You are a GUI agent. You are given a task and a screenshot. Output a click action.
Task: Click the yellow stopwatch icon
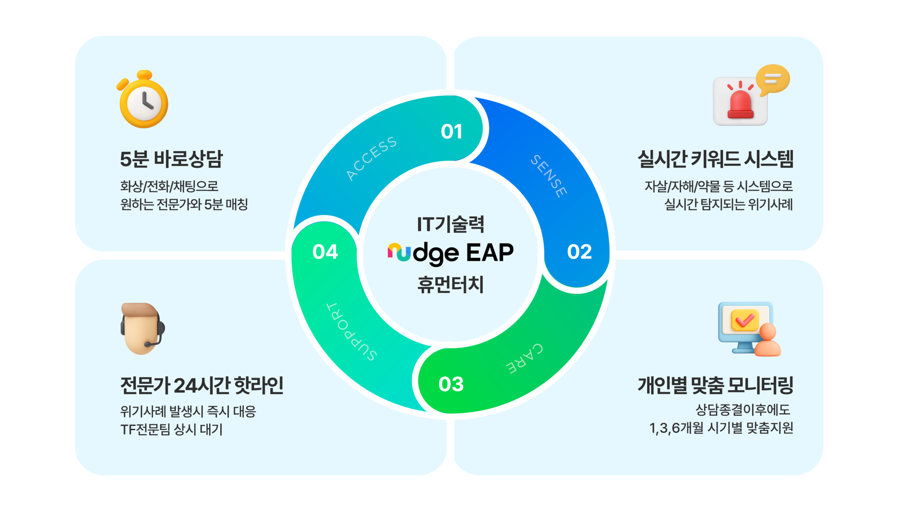[144, 100]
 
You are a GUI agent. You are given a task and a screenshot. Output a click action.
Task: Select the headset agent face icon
[142, 328]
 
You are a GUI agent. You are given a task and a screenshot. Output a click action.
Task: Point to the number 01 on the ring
[451, 132]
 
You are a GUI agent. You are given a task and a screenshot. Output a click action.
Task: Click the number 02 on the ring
[579, 252]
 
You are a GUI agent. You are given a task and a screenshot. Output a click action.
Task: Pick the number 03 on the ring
[451, 384]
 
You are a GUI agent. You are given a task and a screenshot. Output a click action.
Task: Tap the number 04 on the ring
[325, 252]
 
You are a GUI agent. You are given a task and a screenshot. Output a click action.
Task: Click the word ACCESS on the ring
[371, 158]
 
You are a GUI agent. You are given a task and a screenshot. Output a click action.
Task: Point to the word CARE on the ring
[525, 358]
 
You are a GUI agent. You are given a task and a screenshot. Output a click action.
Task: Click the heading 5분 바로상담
[171, 159]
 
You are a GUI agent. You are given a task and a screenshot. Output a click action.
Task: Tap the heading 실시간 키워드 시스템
[715, 159]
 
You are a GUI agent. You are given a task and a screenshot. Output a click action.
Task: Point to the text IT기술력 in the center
[450, 224]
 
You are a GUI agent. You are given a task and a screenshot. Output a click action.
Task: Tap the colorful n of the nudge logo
[399, 252]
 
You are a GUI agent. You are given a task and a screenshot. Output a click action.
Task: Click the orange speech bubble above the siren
[772, 79]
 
